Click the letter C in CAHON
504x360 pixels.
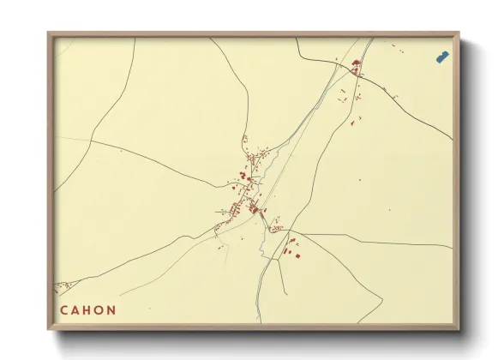coord(64,310)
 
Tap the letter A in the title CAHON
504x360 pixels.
coord(77,310)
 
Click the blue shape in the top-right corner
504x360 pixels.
coord(442,57)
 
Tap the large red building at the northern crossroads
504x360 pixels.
coord(355,63)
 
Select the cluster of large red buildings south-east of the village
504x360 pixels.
coord(291,248)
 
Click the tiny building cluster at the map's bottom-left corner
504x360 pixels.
coord(60,287)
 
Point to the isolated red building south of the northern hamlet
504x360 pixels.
coord(351,123)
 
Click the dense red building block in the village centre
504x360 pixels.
coord(253,208)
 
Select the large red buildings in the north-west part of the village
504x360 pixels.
coord(243,176)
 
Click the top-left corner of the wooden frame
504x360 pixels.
coord(49,33)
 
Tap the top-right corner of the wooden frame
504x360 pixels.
coord(459,33)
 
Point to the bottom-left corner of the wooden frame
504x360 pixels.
coord(49,329)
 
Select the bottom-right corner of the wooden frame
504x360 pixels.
coord(459,329)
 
